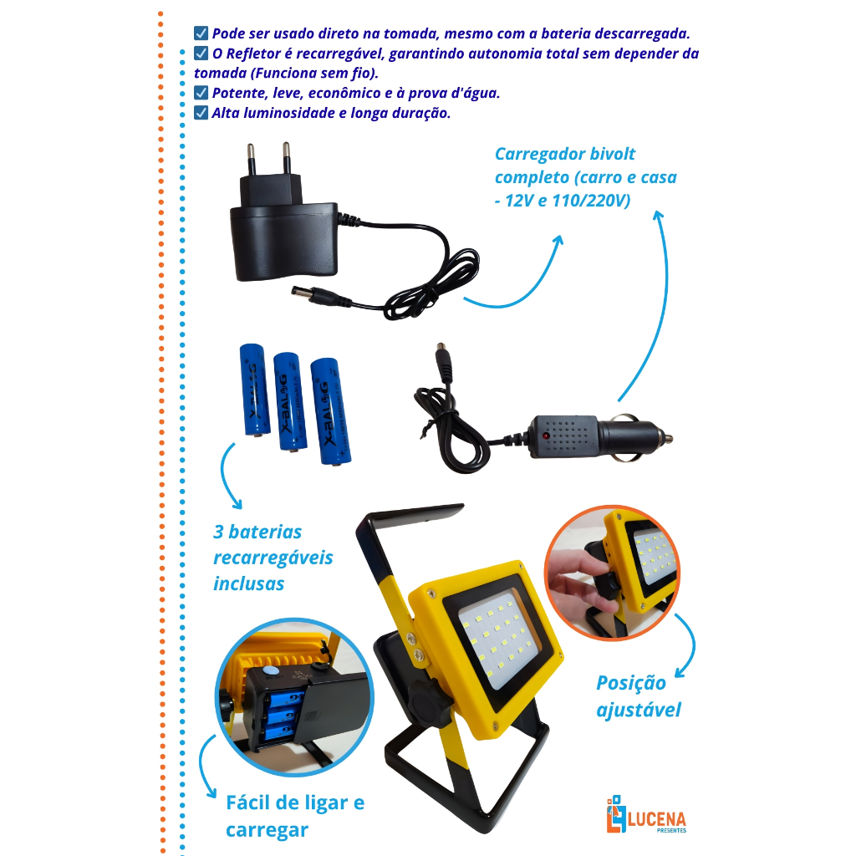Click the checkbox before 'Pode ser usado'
click(201, 33)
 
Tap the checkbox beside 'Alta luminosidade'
click(201, 113)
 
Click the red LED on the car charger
click(545, 436)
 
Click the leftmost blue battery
click(254, 390)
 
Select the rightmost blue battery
click(329, 411)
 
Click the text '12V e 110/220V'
click(568, 201)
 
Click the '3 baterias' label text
click(257, 532)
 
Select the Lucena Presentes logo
click(646, 814)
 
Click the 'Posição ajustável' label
click(638, 696)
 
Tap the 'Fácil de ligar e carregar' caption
click(295, 816)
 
